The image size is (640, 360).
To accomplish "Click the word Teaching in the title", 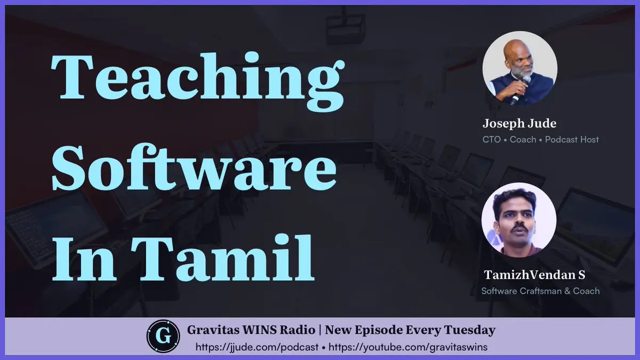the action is (198, 81).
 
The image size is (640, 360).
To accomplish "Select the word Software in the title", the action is (194, 167).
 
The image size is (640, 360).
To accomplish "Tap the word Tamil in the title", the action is (223, 257).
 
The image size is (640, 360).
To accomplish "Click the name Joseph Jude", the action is (519, 123).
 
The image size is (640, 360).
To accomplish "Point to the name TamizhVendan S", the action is (534, 275).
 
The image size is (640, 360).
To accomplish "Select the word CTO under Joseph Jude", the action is (491, 139).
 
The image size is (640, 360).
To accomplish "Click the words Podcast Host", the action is (572, 139).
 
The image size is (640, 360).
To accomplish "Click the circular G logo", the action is (163, 337).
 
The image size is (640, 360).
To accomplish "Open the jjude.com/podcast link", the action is (257, 347).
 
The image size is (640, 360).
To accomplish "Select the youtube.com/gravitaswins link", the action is (408, 347).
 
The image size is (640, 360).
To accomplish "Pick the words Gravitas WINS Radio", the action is (251, 330).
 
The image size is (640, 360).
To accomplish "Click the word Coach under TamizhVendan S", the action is (586, 291).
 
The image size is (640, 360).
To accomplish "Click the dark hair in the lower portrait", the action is (513, 198).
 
